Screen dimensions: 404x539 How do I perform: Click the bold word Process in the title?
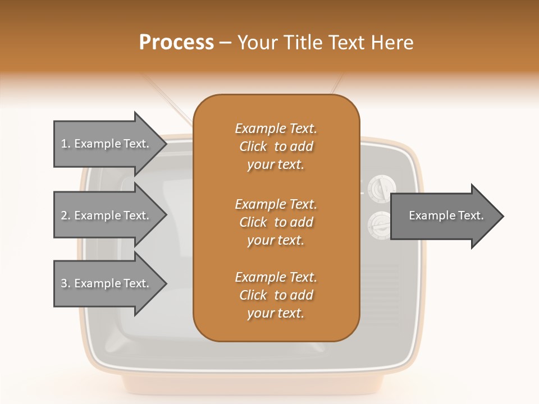click(x=176, y=43)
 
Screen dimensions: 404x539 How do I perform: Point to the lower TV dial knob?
click(x=380, y=225)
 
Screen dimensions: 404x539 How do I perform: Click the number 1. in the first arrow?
click(x=65, y=144)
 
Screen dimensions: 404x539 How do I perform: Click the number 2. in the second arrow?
click(x=65, y=215)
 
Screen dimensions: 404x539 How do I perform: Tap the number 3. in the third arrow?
click(x=65, y=283)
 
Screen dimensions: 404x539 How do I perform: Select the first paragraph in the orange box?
click(x=276, y=146)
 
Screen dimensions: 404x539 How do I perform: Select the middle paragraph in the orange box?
click(x=276, y=222)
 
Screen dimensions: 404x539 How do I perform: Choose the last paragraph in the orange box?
click(x=276, y=295)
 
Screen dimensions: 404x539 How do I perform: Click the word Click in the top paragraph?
click(x=253, y=146)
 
